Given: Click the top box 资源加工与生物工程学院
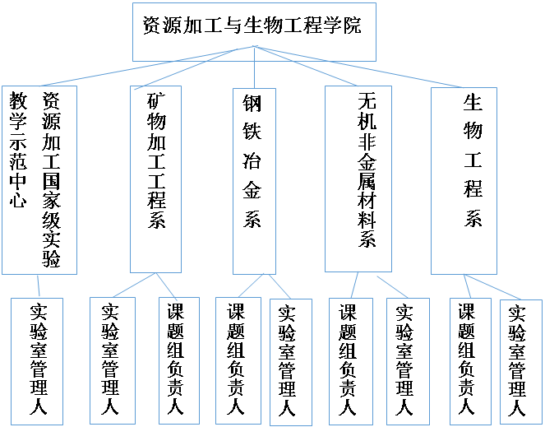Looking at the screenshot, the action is [254, 32].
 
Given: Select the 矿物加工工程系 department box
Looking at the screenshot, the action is [155, 179].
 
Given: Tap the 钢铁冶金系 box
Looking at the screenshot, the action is [254, 181].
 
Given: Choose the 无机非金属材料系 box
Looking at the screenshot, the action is [358, 179].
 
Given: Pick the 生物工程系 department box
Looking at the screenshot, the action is [464, 181].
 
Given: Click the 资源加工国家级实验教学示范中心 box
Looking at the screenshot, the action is [39, 180].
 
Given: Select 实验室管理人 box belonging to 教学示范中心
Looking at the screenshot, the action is [37, 361].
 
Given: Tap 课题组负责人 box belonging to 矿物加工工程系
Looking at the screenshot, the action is [179, 360].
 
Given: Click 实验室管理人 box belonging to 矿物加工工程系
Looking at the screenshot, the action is [113, 360].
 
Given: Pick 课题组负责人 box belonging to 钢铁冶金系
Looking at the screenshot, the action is [238, 360].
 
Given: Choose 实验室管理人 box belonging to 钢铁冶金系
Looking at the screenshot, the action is [291, 362].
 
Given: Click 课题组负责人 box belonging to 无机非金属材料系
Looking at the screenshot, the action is [351, 361].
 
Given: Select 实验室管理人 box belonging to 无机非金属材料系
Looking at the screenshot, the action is [408, 361].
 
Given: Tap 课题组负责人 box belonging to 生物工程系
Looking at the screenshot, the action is [470, 361].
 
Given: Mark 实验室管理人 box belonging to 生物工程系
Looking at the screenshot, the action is [521, 362].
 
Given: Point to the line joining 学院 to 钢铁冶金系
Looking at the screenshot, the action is [254, 67].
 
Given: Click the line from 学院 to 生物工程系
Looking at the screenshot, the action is [358, 67].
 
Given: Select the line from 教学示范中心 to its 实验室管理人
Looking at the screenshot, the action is [39, 286].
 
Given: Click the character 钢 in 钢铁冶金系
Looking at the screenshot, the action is [252, 104].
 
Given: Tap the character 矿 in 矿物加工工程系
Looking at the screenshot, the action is [156, 101].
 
